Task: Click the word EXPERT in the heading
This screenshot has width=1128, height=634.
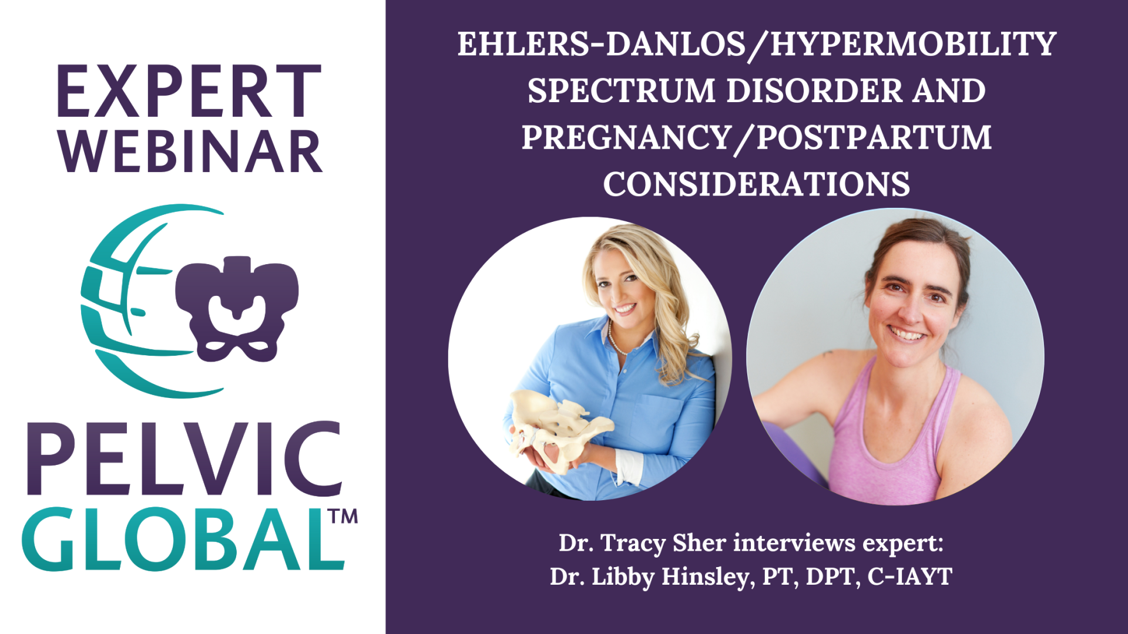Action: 189,92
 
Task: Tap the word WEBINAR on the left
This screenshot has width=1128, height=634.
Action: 190,152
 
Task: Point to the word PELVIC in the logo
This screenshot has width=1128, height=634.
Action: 184,459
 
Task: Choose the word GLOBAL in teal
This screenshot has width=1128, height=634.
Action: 183,539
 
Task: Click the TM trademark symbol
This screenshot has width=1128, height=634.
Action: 343,517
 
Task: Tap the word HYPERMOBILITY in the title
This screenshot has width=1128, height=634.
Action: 914,45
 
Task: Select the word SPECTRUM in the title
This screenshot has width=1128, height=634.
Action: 622,91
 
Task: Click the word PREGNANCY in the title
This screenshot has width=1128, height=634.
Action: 626,137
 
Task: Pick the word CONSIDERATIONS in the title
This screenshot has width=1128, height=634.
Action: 757,184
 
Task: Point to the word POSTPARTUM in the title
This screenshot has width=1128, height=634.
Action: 874,137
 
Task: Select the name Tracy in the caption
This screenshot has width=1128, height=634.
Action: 634,544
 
